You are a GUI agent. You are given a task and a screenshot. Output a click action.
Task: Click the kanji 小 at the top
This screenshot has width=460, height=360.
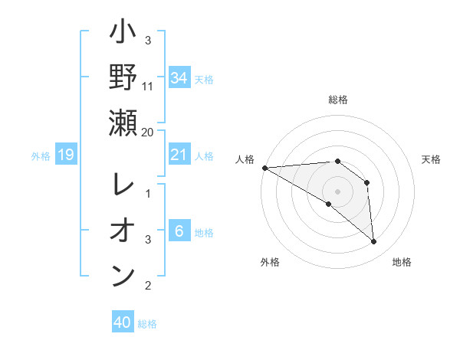click(123, 35)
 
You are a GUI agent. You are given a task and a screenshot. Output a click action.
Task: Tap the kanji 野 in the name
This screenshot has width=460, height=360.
click(123, 77)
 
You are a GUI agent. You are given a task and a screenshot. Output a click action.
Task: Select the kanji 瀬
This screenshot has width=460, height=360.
click(123, 123)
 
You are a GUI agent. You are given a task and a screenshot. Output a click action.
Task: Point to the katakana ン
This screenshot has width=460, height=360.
click(123, 275)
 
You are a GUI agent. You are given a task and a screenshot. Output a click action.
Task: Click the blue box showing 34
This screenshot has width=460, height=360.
click(179, 77)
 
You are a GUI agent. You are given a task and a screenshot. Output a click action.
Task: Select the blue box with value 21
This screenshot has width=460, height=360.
click(179, 155)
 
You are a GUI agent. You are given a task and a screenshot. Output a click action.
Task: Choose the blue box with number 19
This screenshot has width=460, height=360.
click(65, 155)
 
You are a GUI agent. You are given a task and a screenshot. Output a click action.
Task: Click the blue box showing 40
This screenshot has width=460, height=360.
click(123, 322)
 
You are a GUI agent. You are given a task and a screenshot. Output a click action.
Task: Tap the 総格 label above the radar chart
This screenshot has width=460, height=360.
click(338, 100)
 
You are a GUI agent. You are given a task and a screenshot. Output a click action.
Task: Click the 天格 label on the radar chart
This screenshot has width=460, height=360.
click(432, 159)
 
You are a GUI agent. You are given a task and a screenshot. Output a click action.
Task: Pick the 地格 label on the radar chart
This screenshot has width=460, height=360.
click(402, 262)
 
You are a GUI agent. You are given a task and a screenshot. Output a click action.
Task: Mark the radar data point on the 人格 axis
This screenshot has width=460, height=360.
click(264, 167)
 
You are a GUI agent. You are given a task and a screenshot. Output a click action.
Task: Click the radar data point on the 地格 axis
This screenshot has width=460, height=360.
click(374, 242)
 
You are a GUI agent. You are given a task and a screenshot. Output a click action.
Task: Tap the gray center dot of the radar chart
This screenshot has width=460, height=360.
click(337, 191)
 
